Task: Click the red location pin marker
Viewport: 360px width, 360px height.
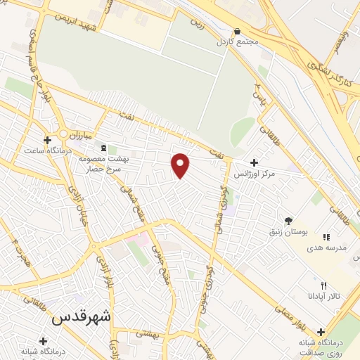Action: click(181, 165)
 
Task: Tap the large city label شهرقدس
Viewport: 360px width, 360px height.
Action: click(82, 316)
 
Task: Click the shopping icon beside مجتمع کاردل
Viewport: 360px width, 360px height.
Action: click(237, 32)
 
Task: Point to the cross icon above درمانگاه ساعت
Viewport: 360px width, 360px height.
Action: click(48, 140)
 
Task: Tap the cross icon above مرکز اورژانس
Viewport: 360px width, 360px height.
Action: click(254, 163)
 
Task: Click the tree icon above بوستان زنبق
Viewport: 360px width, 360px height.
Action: click(289, 221)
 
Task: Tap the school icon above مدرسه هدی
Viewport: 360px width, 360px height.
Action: click(326, 238)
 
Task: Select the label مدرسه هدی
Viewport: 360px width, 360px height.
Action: click(326, 248)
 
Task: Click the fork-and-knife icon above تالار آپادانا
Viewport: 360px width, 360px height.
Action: click(323, 286)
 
